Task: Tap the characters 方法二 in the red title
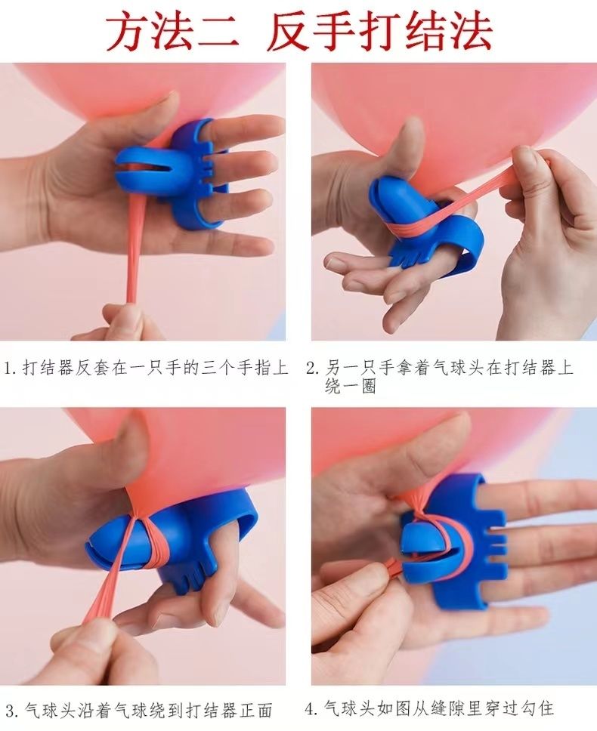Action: pos(172,32)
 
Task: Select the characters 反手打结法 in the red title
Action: pos(380,32)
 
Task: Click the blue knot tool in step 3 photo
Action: pos(172,541)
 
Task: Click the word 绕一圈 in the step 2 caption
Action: pos(351,387)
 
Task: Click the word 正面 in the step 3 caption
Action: pos(255,711)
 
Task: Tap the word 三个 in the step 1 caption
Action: pos(218,369)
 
